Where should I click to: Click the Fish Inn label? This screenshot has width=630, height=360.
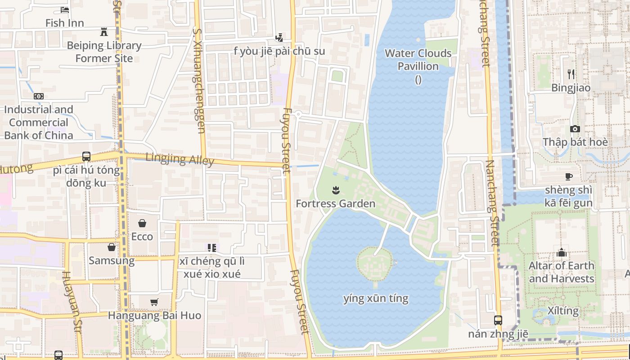(x=64, y=23)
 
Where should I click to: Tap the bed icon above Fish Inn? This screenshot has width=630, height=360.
(x=65, y=9)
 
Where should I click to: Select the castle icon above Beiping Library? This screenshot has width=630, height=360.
(x=104, y=31)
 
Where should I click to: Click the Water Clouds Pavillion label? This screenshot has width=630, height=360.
(x=418, y=60)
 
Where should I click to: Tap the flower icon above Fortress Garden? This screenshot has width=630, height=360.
(x=335, y=190)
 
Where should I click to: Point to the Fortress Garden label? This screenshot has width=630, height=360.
(x=335, y=203)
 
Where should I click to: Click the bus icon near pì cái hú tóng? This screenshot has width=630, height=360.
(x=86, y=157)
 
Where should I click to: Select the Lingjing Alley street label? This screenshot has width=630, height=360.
(x=180, y=159)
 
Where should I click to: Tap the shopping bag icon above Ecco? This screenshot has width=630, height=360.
(x=142, y=223)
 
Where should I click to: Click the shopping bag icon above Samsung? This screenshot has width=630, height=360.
(x=112, y=247)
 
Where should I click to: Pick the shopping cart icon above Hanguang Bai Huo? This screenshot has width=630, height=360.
(x=154, y=302)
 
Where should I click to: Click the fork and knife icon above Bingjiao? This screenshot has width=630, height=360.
(x=571, y=74)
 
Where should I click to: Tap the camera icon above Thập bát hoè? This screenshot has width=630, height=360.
(x=575, y=129)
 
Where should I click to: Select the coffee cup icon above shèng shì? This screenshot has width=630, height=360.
(x=569, y=176)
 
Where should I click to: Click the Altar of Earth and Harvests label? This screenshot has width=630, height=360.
(x=561, y=272)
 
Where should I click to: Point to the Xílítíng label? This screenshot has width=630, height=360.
(x=563, y=310)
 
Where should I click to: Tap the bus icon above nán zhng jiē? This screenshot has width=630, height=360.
(x=498, y=320)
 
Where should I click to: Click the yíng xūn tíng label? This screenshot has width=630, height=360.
(x=376, y=298)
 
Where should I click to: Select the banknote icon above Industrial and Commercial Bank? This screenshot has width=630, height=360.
(x=39, y=96)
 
